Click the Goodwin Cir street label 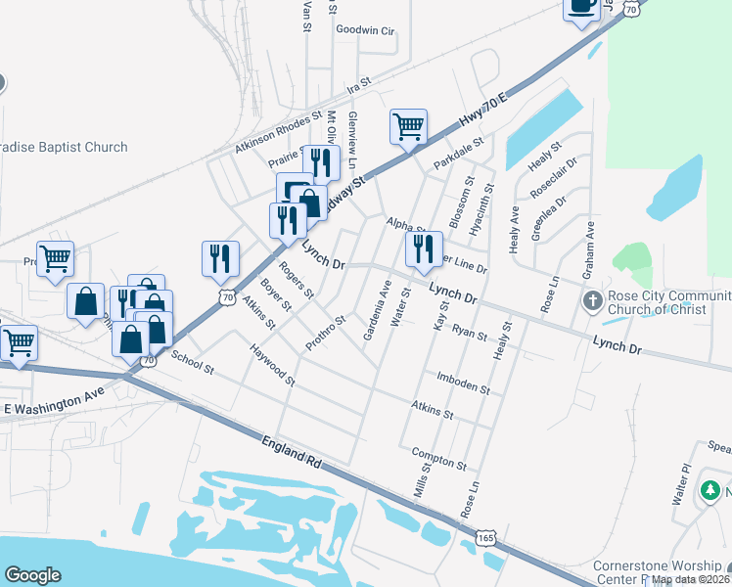click(x=364, y=30)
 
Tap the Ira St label click(x=359, y=84)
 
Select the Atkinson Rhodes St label click(x=278, y=133)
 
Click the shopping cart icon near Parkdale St click(x=408, y=126)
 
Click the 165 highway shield click(x=486, y=537)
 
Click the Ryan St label click(x=470, y=334)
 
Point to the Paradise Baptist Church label click(x=64, y=148)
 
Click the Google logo click(x=32, y=575)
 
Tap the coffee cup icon click(x=581, y=8)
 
